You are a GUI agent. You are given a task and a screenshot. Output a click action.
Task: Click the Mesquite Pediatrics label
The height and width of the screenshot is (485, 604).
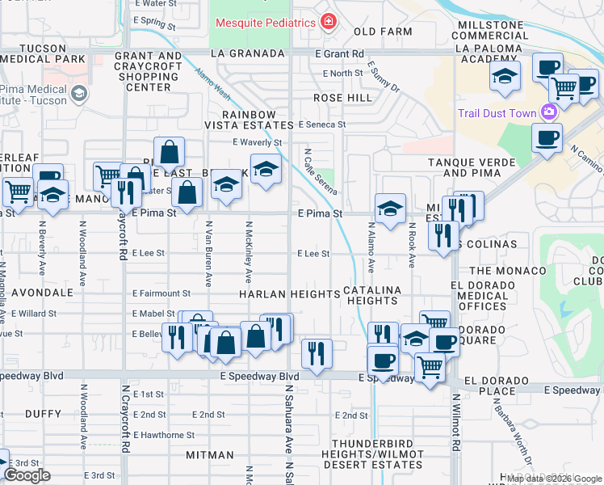click(264, 22)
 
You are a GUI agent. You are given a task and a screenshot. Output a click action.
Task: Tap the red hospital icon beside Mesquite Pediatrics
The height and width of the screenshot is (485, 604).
click(327, 22)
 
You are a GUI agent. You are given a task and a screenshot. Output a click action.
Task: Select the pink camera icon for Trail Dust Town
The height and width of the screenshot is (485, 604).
click(549, 112)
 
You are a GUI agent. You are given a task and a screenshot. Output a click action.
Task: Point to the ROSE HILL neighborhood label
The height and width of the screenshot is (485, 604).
click(342, 98)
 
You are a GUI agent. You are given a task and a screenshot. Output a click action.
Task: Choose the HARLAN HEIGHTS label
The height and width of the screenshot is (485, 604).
click(288, 293)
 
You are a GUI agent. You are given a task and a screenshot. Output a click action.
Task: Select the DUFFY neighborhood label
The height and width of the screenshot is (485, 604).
click(44, 412)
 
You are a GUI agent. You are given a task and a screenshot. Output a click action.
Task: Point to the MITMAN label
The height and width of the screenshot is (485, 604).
click(209, 455)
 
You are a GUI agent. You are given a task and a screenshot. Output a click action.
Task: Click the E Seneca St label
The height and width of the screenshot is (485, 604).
click(321, 124)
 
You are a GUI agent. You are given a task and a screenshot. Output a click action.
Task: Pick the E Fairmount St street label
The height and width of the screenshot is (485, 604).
click(161, 293)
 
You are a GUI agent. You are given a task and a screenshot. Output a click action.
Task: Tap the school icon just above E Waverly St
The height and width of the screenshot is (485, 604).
click(265, 171)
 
